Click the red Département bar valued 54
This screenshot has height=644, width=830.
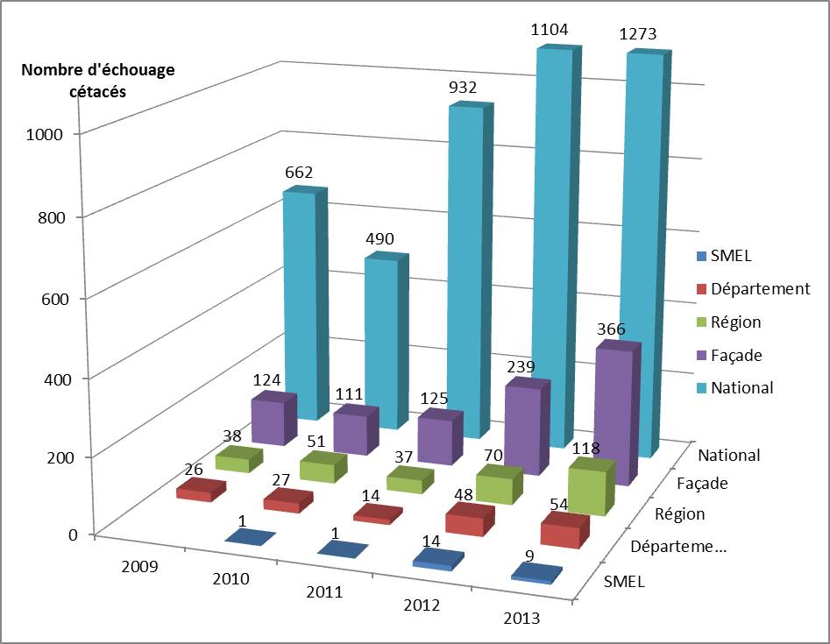pyautogui.click(x=561, y=532)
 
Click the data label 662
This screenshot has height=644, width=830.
pyautogui.click(x=298, y=173)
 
